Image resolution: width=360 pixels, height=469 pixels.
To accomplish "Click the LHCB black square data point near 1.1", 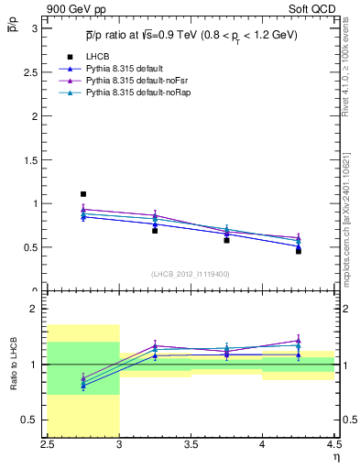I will [x=83, y=194].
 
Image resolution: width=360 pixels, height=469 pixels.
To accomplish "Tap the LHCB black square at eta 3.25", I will [x=155, y=230].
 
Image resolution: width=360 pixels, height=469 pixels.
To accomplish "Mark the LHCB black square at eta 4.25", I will [x=298, y=250].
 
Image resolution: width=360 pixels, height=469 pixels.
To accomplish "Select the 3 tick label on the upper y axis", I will [x=35, y=28].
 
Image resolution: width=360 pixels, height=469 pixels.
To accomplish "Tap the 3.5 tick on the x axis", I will [x=191, y=442].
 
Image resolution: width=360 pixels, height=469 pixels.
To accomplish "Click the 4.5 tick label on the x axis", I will [x=332, y=442].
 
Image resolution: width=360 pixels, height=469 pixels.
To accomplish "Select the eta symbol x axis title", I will [x=336, y=455].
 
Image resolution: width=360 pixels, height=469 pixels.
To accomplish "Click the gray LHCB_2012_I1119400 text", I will [x=191, y=274].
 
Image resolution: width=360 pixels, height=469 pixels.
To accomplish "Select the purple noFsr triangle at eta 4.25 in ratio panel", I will [x=298, y=341].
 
